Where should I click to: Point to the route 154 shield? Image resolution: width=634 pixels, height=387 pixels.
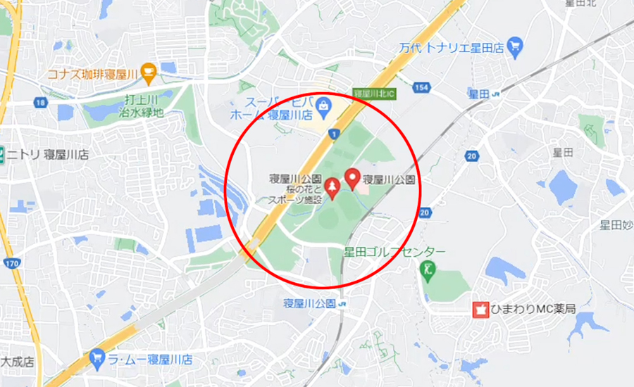pos(422,87)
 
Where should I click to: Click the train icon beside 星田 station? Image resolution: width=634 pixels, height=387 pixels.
pos(497,94)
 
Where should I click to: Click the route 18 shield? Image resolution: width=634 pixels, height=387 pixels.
pos(39,103)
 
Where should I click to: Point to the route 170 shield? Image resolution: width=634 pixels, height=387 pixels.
pos(11,264)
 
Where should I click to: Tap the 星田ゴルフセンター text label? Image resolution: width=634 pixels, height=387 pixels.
pos(394,251)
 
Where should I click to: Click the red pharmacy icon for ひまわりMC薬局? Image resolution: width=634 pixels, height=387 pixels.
pos(480,309)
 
